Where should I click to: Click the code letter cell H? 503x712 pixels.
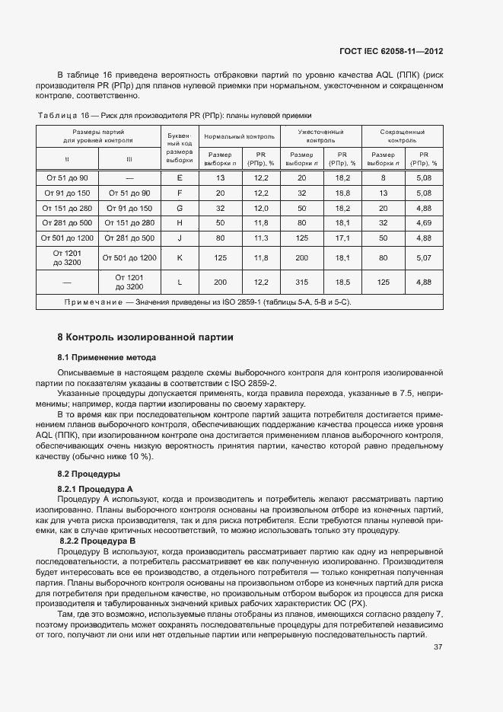[180, 222]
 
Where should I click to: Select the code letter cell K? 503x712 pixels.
[180, 258]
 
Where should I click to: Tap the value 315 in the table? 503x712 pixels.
[301, 283]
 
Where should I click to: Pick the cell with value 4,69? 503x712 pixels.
[424, 222]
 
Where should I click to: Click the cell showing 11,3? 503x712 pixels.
[261, 238]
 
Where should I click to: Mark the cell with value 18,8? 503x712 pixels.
[342, 193]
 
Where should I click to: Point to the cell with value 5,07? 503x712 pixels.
[424, 258]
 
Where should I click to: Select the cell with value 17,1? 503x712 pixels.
[342, 238]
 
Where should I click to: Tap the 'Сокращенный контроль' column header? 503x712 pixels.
[403, 136]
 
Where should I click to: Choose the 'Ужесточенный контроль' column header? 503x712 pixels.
[321, 136]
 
